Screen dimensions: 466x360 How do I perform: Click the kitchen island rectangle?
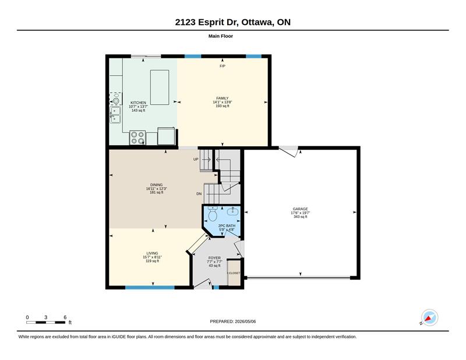(x=160, y=87)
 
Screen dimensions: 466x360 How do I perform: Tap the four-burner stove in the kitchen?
(x=137, y=138)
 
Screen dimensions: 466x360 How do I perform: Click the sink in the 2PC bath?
(x=232, y=211)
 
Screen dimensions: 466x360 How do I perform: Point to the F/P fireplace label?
(x=223, y=66)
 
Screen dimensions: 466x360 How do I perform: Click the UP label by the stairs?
(x=196, y=160)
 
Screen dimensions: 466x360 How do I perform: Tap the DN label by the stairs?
(x=199, y=194)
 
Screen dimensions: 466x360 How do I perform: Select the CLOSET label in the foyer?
(x=234, y=273)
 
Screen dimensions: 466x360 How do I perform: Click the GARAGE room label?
(x=300, y=209)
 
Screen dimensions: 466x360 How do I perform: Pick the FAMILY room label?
(x=223, y=98)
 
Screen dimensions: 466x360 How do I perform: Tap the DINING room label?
(x=156, y=185)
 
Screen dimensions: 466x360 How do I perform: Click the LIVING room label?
(x=152, y=253)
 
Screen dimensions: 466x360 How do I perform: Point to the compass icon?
(x=429, y=318)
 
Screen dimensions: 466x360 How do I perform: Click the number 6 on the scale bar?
(x=65, y=317)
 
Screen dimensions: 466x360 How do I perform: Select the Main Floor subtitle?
(x=221, y=36)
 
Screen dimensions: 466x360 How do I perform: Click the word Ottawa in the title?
(x=257, y=22)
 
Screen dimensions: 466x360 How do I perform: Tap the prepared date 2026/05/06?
(x=245, y=322)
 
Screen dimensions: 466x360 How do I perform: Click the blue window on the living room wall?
(x=150, y=287)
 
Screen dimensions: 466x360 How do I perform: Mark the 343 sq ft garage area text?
(x=300, y=217)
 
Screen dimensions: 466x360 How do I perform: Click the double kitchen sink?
(x=115, y=115)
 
